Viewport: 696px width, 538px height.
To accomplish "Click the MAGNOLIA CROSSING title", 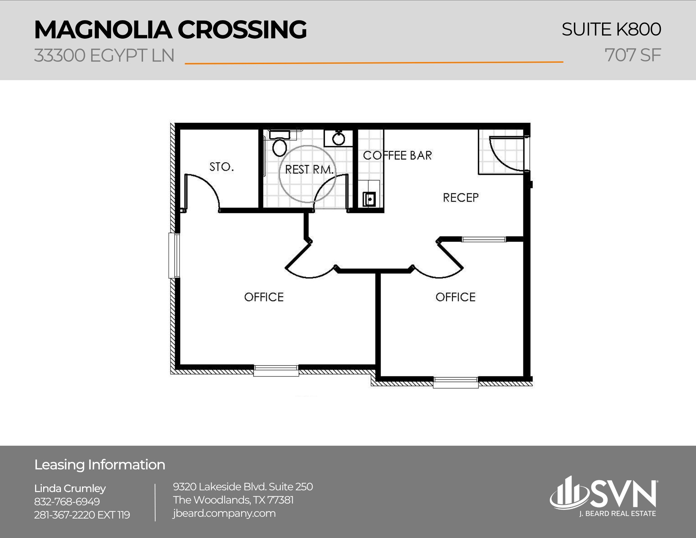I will tap(170, 30).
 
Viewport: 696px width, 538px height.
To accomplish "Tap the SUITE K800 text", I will tap(611, 29).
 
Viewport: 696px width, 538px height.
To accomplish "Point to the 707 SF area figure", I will tap(632, 55).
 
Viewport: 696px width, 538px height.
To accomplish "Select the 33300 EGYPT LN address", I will tap(104, 55).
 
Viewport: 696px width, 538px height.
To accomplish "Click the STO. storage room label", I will tap(221, 167).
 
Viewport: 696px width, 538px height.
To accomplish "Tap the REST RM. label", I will tap(309, 170).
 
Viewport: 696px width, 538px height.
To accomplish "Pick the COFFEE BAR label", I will tap(397, 155).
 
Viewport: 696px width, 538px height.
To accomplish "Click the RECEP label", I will tap(460, 198).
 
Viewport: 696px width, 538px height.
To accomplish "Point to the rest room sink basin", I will tap(338, 139).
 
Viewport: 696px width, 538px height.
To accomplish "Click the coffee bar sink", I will tap(369, 199).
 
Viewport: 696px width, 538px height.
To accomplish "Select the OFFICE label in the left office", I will tap(264, 297).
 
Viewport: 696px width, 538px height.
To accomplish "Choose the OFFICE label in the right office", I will tap(455, 297).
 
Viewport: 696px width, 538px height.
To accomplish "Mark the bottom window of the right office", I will tap(456, 382).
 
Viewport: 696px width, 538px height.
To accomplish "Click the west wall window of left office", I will tap(174, 256).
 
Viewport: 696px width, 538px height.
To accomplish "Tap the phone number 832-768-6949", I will tap(67, 501).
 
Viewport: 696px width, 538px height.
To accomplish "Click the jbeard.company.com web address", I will tap(224, 513).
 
